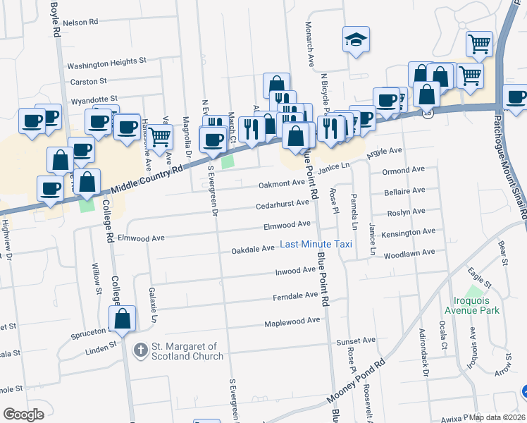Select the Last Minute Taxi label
point(316,244)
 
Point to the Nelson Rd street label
point(80,23)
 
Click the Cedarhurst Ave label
point(283,203)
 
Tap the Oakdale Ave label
point(253,250)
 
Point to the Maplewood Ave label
point(292,321)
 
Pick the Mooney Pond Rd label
point(356,383)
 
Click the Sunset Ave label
point(351,341)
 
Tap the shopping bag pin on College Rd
point(123,319)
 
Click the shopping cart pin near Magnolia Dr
point(160,135)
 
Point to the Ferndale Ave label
point(296,297)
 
